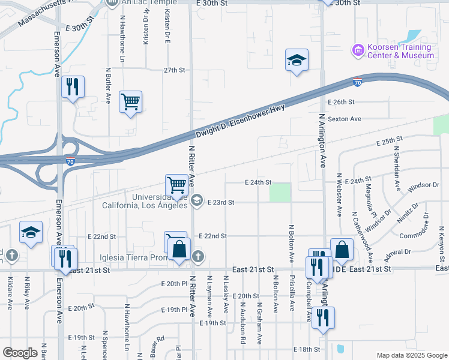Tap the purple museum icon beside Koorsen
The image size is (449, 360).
[x=358, y=50]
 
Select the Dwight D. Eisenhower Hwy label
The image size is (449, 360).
[x=240, y=121]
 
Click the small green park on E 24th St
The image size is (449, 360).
[x=279, y=192]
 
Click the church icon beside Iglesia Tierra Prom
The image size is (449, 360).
[x=199, y=257]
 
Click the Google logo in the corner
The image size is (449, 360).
[x=20, y=353]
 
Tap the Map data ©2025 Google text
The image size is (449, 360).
[x=412, y=355]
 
